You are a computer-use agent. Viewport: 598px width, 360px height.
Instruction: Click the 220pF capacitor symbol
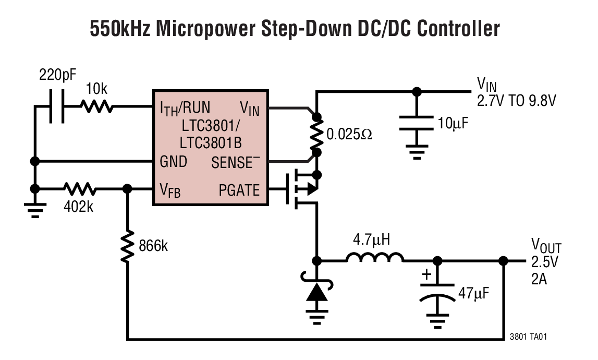tap(56, 107)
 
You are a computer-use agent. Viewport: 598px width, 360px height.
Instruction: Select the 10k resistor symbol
tap(96, 107)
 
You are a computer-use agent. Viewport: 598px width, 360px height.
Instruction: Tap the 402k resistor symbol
tap(79, 189)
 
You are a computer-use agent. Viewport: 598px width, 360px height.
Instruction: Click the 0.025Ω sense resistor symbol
tap(315, 135)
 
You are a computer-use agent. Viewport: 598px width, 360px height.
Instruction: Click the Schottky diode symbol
tap(316, 292)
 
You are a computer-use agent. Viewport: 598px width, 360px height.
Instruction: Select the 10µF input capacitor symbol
tap(416, 124)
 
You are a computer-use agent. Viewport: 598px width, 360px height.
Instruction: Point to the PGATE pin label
tap(239, 190)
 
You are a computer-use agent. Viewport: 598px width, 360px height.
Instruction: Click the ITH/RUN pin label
tap(185, 108)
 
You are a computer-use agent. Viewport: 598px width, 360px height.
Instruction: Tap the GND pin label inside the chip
tap(173, 162)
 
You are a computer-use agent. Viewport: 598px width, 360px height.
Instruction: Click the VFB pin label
tap(170, 190)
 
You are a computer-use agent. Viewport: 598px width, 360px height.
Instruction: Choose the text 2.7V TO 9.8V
tap(516, 100)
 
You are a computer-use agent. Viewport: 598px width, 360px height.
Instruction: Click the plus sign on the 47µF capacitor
tap(426, 274)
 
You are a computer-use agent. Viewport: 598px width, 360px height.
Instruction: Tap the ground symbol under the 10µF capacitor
tap(416, 152)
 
